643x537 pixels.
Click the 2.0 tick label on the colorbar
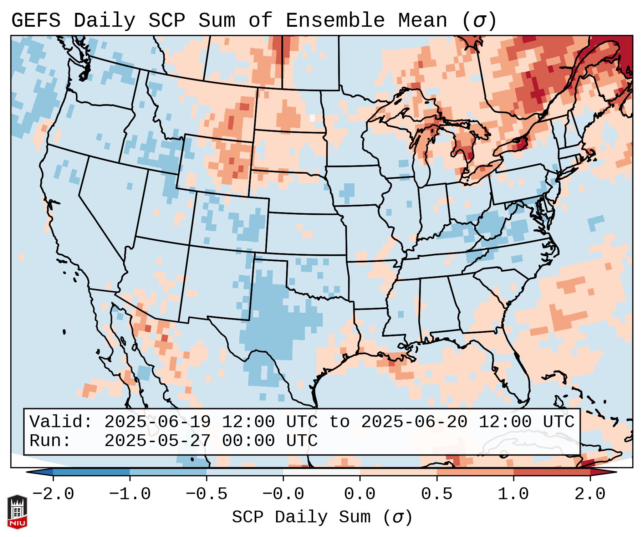(x=590, y=494)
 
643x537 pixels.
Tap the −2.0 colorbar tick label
(x=53, y=494)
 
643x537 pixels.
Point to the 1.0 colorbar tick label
(x=513, y=494)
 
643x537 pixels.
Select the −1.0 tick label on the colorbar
(x=129, y=494)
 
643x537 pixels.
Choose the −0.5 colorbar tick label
(x=206, y=494)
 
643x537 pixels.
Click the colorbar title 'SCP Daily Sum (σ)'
(x=322, y=517)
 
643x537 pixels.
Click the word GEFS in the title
(x=36, y=21)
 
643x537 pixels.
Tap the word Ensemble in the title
(x=335, y=21)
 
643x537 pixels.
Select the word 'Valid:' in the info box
(x=61, y=422)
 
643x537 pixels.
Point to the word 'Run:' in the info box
(x=50, y=441)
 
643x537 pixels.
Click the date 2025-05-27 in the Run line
(x=157, y=441)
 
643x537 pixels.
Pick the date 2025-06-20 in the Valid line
(x=414, y=422)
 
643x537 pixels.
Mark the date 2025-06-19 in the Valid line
(x=157, y=422)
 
